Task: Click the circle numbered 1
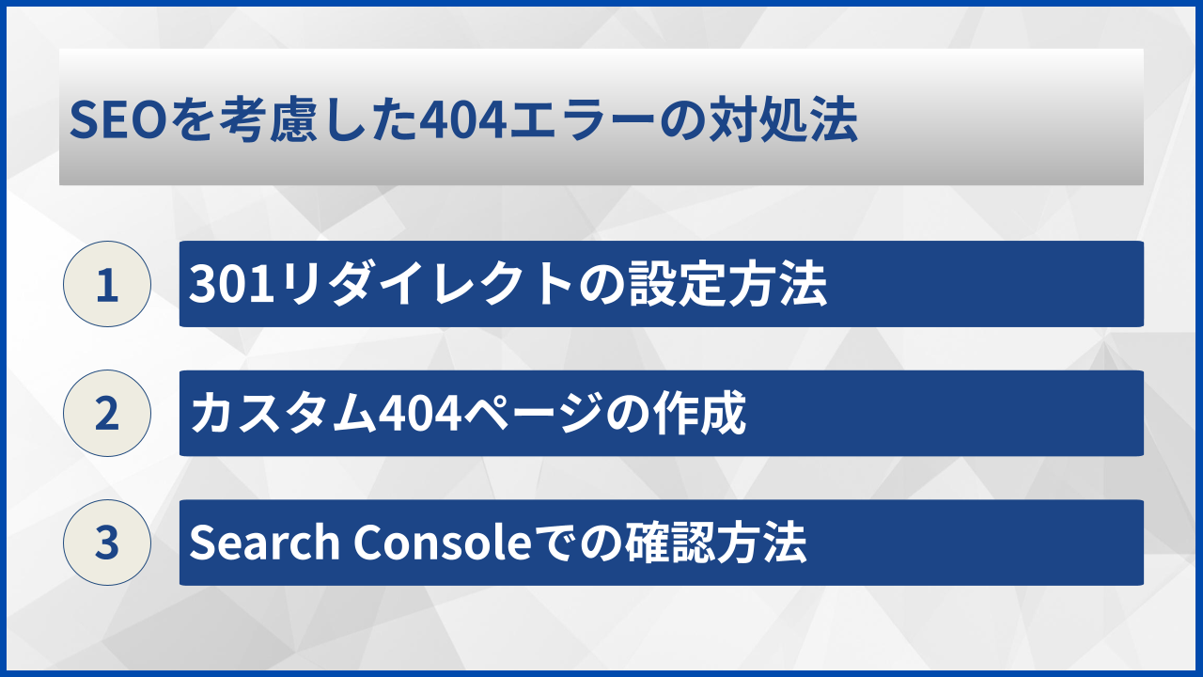point(107,284)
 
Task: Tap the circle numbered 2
point(107,414)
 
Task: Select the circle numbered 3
point(107,543)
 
